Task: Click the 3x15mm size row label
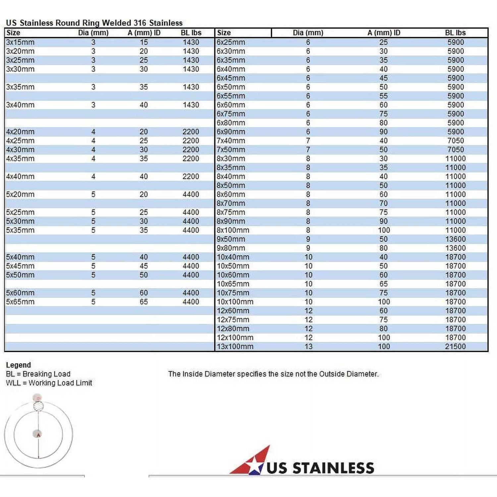click(x=20, y=42)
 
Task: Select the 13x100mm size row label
click(x=235, y=347)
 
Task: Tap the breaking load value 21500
click(x=455, y=347)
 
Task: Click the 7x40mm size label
click(x=231, y=141)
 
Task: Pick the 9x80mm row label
click(x=231, y=248)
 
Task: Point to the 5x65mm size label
click(x=20, y=302)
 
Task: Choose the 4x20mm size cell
click(x=20, y=132)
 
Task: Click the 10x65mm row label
click(x=233, y=284)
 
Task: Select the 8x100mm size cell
click(x=233, y=230)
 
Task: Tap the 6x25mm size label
click(x=231, y=42)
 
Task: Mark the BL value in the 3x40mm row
click(x=191, y=105)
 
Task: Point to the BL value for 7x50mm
click(x=456, y=150)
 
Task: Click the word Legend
click(x=18, y=365)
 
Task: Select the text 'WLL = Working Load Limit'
click(x=49, y=383)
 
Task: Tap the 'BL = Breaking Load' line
click(x=38, y=374)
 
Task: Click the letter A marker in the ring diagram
click(x=38, y=435)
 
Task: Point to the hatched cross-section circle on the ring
click(x=39, y=406)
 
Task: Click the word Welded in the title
click(x=116, y=23)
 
